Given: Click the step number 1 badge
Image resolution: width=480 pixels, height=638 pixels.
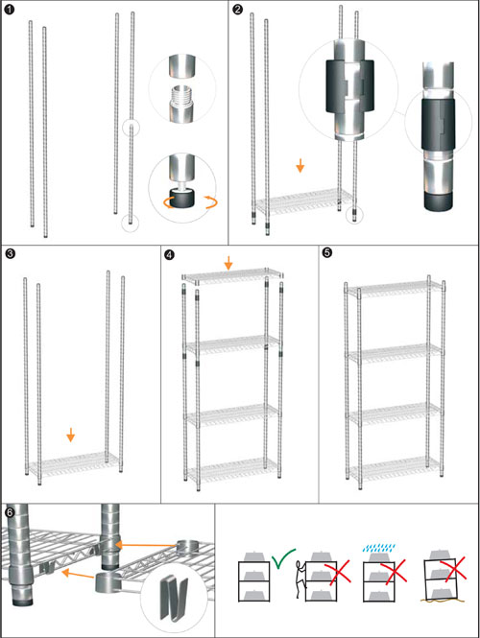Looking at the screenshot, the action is [9, 9].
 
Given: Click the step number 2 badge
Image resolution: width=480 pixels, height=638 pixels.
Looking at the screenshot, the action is [237, 9].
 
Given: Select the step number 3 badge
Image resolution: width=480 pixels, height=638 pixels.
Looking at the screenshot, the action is [10, 254].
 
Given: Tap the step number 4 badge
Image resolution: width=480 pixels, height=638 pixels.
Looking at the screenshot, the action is [169, 254].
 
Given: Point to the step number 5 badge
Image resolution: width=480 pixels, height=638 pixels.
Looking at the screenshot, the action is [327, 252].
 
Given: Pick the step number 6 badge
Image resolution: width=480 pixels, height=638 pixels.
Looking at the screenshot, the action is [10, 512].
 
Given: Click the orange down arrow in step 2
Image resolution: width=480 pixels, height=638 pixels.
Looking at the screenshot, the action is [300, 165].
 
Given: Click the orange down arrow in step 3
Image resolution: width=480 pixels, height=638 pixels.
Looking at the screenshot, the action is [70, 435].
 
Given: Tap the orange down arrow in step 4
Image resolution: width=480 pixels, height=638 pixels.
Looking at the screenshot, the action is [228, 263].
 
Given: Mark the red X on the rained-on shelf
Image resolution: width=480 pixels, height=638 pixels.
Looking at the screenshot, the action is [394, 571].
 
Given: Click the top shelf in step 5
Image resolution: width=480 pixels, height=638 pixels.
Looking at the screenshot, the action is [395, 289].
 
